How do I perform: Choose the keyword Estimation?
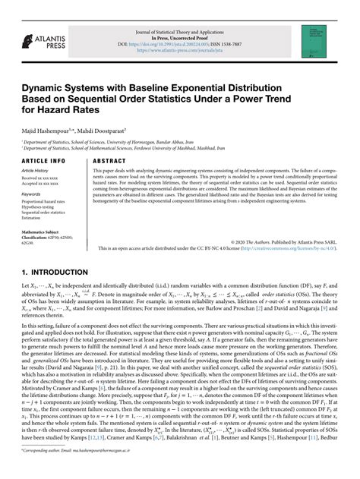pyautogui.click(x=33, y=219)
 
